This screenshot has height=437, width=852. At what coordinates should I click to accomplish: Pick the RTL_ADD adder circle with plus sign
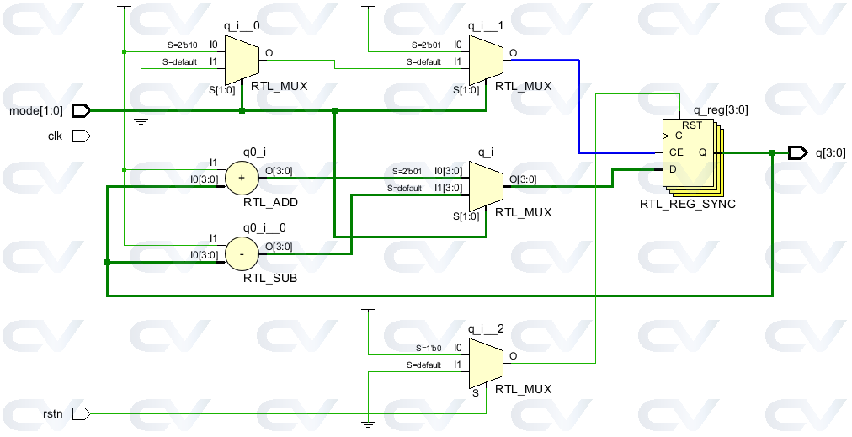point(242,178)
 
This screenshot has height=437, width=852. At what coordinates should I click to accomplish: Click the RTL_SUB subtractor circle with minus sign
point(242,253)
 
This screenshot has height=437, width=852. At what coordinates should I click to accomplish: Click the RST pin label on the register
point(692,125)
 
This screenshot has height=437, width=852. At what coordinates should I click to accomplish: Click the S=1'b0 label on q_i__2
point(429,347)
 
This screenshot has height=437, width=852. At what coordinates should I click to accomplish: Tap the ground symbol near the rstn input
point(367,424)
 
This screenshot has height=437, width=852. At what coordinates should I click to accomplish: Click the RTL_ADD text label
point(270,203)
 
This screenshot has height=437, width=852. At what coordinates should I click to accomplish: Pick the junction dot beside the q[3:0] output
point(772,152)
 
